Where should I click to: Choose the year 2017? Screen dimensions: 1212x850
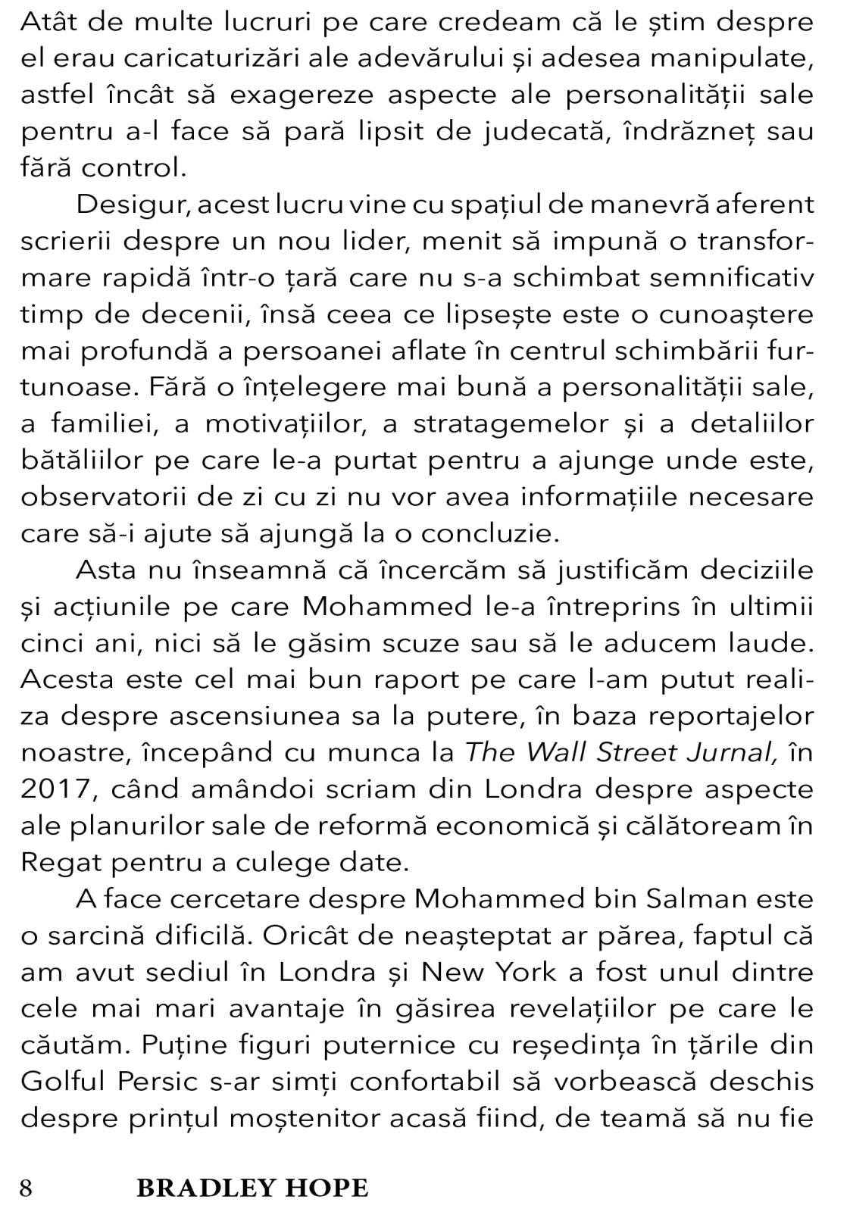58,788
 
